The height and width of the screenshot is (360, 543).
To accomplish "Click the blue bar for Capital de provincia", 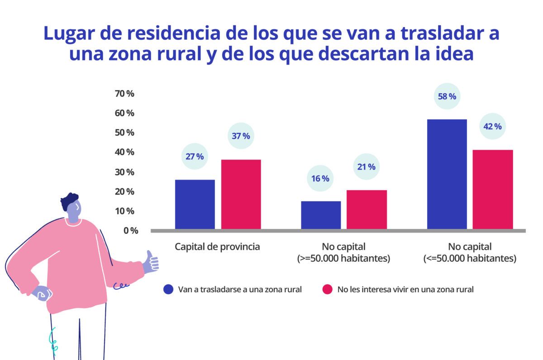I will [x=195, y=204].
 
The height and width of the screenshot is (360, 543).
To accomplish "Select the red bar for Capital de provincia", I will [x=241, y=194].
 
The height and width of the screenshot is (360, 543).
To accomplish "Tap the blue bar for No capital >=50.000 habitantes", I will [x=321, y=215].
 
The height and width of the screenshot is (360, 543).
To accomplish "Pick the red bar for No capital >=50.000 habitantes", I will [x=367, y=209].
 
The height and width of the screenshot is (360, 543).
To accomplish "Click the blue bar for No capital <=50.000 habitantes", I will [x=447, y=174].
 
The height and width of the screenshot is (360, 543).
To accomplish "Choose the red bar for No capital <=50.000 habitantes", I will [x=493, y=189].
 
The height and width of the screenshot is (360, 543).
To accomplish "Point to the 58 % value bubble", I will [x=447, y=96].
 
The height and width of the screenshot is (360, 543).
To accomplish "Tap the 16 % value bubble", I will [x=320, y=178].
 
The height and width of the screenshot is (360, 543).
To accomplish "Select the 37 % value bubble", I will [x=240, y=136].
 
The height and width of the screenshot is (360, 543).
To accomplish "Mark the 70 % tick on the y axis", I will [x=125, y=94].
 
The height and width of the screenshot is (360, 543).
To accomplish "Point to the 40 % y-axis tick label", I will [x=125, y=152].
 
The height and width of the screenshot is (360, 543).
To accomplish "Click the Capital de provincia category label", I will [x=217, y=247].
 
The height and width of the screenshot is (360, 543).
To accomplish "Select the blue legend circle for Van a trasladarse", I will [x=169, y=289].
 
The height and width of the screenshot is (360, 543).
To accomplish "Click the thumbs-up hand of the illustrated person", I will [x=151, y=262].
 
